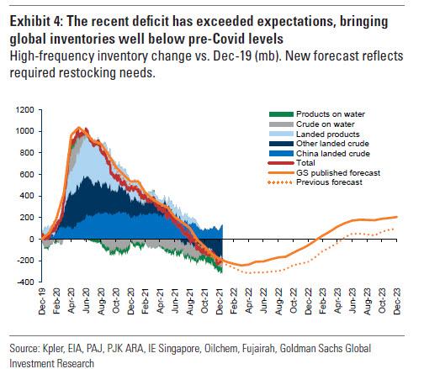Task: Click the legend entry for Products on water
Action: (317, 114)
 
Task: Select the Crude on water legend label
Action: (311, 124)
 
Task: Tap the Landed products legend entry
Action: (314, 134)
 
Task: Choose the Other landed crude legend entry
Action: (319, 144)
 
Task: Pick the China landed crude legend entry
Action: (320, 154)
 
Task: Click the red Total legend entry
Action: (292, 163)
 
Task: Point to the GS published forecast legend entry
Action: (324, 173)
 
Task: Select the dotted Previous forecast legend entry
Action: (315, 182)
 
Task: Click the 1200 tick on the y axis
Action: (25, 110)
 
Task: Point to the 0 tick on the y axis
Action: (32, 239)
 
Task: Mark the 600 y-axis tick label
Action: (27, 174)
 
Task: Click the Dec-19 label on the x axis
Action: (41, 301)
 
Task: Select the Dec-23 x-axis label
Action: (396, 301)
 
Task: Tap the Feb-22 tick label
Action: (234, 301)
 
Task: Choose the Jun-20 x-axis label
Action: (86, 301)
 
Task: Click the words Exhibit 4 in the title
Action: (36, 22)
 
